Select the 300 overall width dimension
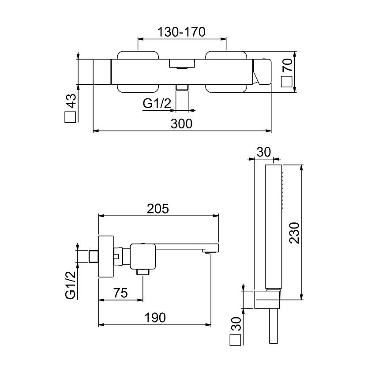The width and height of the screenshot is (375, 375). (x=182, y=124)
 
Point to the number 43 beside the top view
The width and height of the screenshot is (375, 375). (x=71, y=102)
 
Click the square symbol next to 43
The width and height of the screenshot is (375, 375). (x=71, y=117)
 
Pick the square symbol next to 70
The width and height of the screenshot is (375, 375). (x=287, y=82)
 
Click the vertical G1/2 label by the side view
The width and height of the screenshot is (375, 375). (x=71, y=285)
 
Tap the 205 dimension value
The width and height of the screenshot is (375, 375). (x=158, y=208)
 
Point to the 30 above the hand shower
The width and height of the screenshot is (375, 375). (x=263, y=152)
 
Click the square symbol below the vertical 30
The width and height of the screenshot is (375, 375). (x=235, y=341)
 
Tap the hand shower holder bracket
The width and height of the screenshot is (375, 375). (x=267, y=300)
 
